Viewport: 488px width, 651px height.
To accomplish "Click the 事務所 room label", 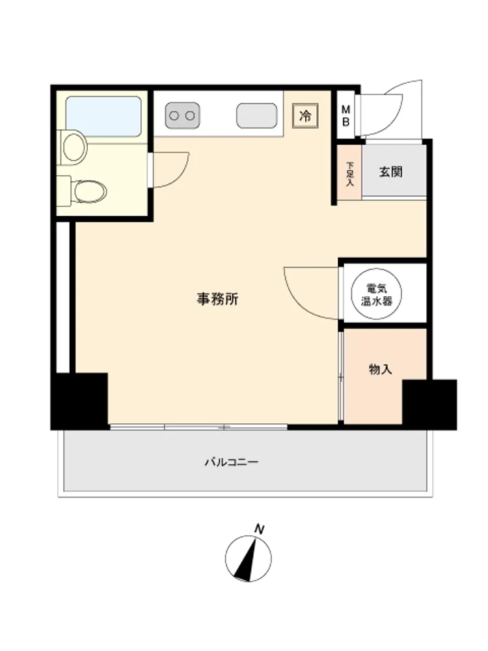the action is point(217,299).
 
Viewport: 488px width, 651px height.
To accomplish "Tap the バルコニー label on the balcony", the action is point(232,462).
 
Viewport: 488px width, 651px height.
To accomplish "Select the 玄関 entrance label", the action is point(391,171).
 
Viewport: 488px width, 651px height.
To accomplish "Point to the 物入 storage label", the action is point(381,369).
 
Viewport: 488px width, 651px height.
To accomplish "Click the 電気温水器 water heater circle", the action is point(376,294).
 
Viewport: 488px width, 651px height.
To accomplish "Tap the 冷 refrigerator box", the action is point(305,116).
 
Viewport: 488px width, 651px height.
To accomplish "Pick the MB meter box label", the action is point(346,116).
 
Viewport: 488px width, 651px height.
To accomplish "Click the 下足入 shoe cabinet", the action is point(349,172).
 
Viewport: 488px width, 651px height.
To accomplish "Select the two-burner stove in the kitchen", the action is point(182,115).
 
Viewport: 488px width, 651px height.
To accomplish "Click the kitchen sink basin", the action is point(256,115).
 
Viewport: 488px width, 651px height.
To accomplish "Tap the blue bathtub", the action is point(103,117).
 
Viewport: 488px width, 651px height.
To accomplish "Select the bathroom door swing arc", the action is point(177,176).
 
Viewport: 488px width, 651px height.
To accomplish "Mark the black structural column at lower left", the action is point(79,401).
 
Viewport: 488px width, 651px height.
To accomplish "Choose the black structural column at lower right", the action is point(429,405).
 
